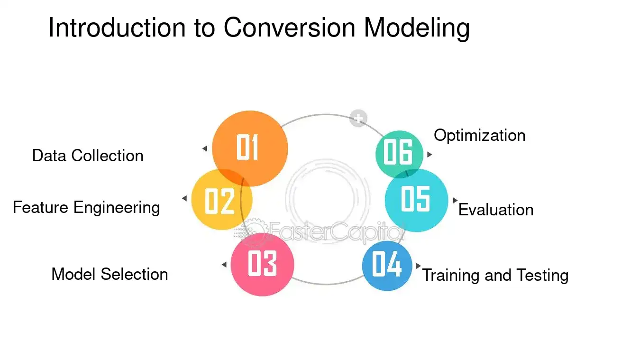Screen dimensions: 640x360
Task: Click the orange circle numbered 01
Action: click(250, 148)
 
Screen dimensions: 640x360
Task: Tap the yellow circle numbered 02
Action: click(222, 199)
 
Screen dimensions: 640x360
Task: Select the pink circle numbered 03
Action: click(262, 265)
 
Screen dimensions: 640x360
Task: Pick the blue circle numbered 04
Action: click(387, 266)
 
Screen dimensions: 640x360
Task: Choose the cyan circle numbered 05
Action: click(416, 200)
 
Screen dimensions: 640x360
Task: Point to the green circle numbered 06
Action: click(399, 155)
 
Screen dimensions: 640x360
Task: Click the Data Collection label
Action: click(88, 156)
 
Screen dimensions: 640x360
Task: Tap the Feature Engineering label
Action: click(86, 208)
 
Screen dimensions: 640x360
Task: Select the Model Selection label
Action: click(110, 274)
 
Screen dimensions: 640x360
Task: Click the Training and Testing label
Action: click(495, 276)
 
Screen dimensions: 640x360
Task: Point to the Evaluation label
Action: click(496, 210)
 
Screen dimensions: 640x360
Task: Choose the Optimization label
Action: click(480, 136)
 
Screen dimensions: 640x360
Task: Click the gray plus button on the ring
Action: click(358, 118)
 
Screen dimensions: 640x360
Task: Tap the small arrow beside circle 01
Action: click(205, 148)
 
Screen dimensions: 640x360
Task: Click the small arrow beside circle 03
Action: click(224, 265)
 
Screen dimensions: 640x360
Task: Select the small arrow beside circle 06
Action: click(430, 155)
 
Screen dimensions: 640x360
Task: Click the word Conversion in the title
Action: click(290, 28)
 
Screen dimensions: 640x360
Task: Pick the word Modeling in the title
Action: click(417, 28)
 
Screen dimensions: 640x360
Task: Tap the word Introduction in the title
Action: click(117, 28)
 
